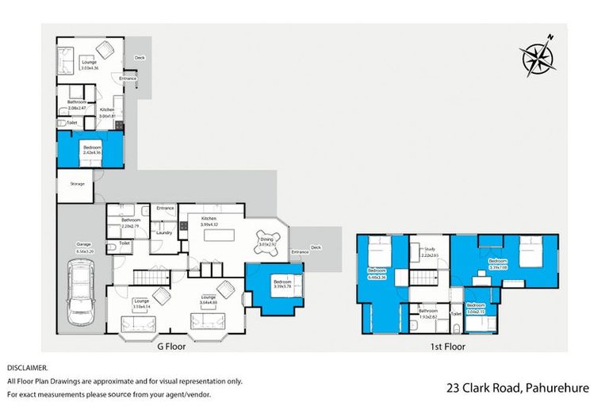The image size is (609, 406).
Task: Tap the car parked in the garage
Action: click(79, 293)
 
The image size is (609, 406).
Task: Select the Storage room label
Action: click(77, 184)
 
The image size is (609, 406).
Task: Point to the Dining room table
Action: click(265, 240)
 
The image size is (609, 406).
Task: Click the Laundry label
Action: click(164, 232)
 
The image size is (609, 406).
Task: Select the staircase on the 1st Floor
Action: click(425, 280)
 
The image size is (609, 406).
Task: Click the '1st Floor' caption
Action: click(449, 347)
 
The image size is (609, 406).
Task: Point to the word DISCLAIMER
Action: click(28, 368)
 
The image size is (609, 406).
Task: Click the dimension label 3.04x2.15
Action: click(476, 311)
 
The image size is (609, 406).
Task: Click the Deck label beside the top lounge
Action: click(139, 57)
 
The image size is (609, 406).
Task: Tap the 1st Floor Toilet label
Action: click(456, 314)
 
